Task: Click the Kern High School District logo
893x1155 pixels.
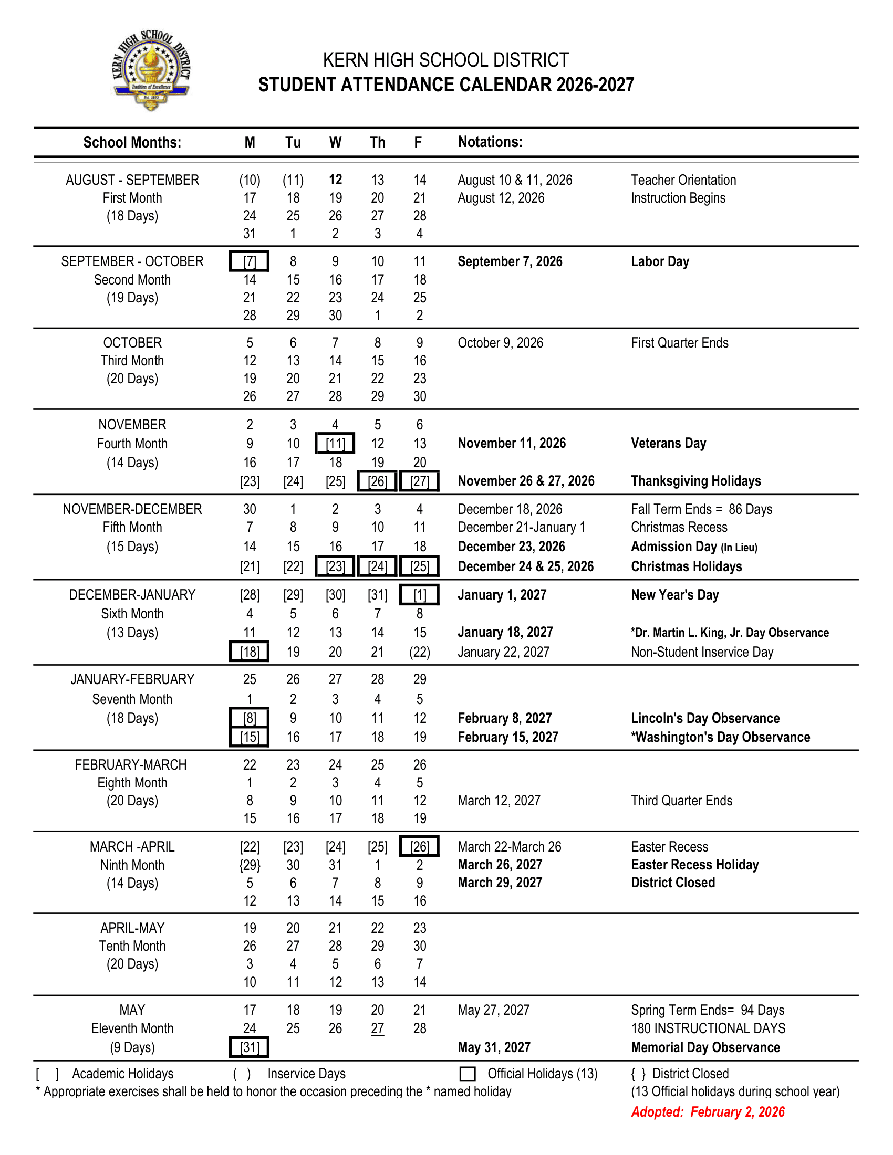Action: pyautogui.click(x=151, y=70)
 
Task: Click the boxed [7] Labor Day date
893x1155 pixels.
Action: pyautogui.click(x=249, y=261)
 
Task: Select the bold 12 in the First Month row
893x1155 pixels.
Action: pyautogui.click(x=336, y=180)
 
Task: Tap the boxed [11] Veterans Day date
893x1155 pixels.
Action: pyautogui.click(x=335, y=443)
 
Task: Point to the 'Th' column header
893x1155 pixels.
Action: pyautogui.click(x=377, y=142)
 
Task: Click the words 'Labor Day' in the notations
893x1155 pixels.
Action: pyautogui.click(x=660, y=261)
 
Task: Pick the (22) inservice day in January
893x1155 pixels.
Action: pyautogui.click(x=420, y=652)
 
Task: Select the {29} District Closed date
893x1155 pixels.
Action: pyautogui.click(x=250, y=865)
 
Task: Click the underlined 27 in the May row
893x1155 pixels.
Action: pyautogui.click(x=377, y=1028)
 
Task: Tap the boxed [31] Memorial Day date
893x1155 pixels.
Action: pyautogui.click(x=249, y=1047)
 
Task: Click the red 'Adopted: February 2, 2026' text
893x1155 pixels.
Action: pyautogui.click(x=708, y=1111)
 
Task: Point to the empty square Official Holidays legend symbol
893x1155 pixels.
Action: pyautogui.click(x=468, y=1074)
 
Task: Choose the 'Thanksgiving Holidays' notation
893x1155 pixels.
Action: pyautogui.click(x=695, y=481)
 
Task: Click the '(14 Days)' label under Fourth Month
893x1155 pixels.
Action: pyautogui.click(x=132, y=463)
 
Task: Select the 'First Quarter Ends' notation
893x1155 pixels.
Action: pyautogui.click(x=679, y=343)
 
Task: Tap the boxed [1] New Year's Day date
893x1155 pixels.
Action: pyautogui.click(x=420, y=595)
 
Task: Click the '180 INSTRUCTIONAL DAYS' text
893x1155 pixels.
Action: pyautogui.click(x=708, y=1028)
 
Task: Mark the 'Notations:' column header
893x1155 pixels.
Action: pyautogui.click(x=490, y=142)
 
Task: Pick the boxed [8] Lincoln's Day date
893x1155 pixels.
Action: pyautogui.click(x=249, y=718)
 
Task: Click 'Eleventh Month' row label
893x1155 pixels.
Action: pyautogui.click(x=132, y=1028)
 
